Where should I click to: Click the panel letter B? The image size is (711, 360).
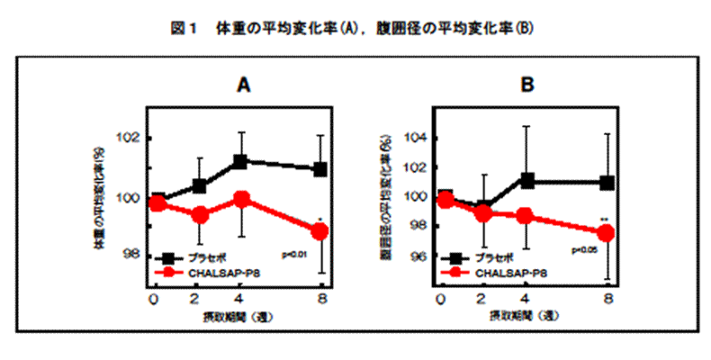point(527,85)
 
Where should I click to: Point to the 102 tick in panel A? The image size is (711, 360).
point(129,139)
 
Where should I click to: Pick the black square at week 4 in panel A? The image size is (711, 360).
point(240,162)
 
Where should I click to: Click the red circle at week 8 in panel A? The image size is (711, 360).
point(320,231)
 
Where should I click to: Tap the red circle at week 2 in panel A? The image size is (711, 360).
point(200,215)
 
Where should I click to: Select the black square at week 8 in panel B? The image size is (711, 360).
point(607,183)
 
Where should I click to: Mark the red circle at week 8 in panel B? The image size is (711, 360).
point(607,232)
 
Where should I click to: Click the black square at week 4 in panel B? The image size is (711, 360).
point(527,181)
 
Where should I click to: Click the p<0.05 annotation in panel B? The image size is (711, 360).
point(586,250)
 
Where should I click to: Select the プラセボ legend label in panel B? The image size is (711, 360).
point(493,256)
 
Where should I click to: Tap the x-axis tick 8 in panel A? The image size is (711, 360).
point(321,298)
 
